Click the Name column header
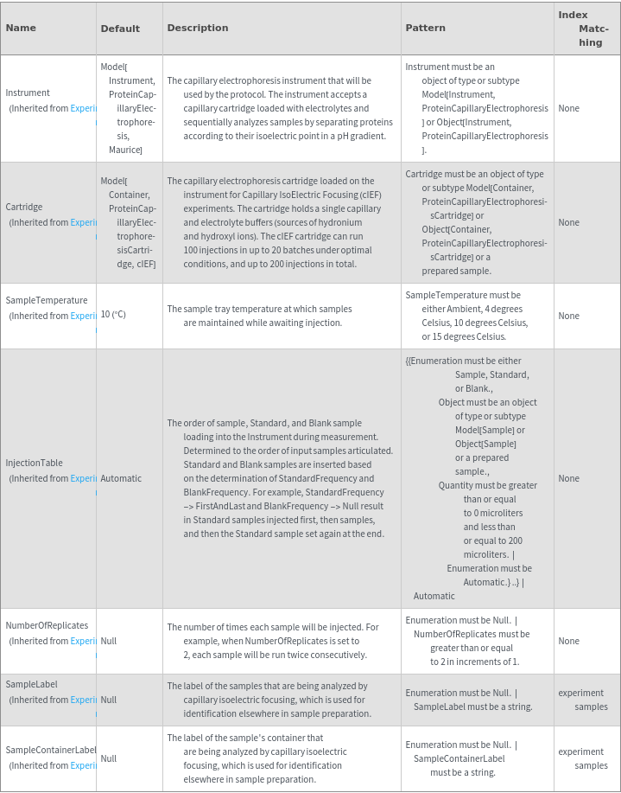tap(22, 28)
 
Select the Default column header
tap(120, 29)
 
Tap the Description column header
tap(198, 28)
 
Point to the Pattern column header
tap(425, 28)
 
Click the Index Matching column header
tap(586, 29)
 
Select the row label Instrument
tap(29, 93)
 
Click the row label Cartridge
tap(24, 207)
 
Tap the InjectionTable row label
tap(35, 463)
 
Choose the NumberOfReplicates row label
tap(47, 625)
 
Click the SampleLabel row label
tap(32, 684)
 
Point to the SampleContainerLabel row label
tap(51, 750)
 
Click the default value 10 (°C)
tap(113, 315)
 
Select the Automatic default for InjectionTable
tap(121, 478)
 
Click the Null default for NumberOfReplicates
tap(109, 641)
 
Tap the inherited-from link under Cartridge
tap(83, 222)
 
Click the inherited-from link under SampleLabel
tap(83, 700)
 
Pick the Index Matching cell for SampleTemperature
tap(568, 316)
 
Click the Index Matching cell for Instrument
tap(568, 108)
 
